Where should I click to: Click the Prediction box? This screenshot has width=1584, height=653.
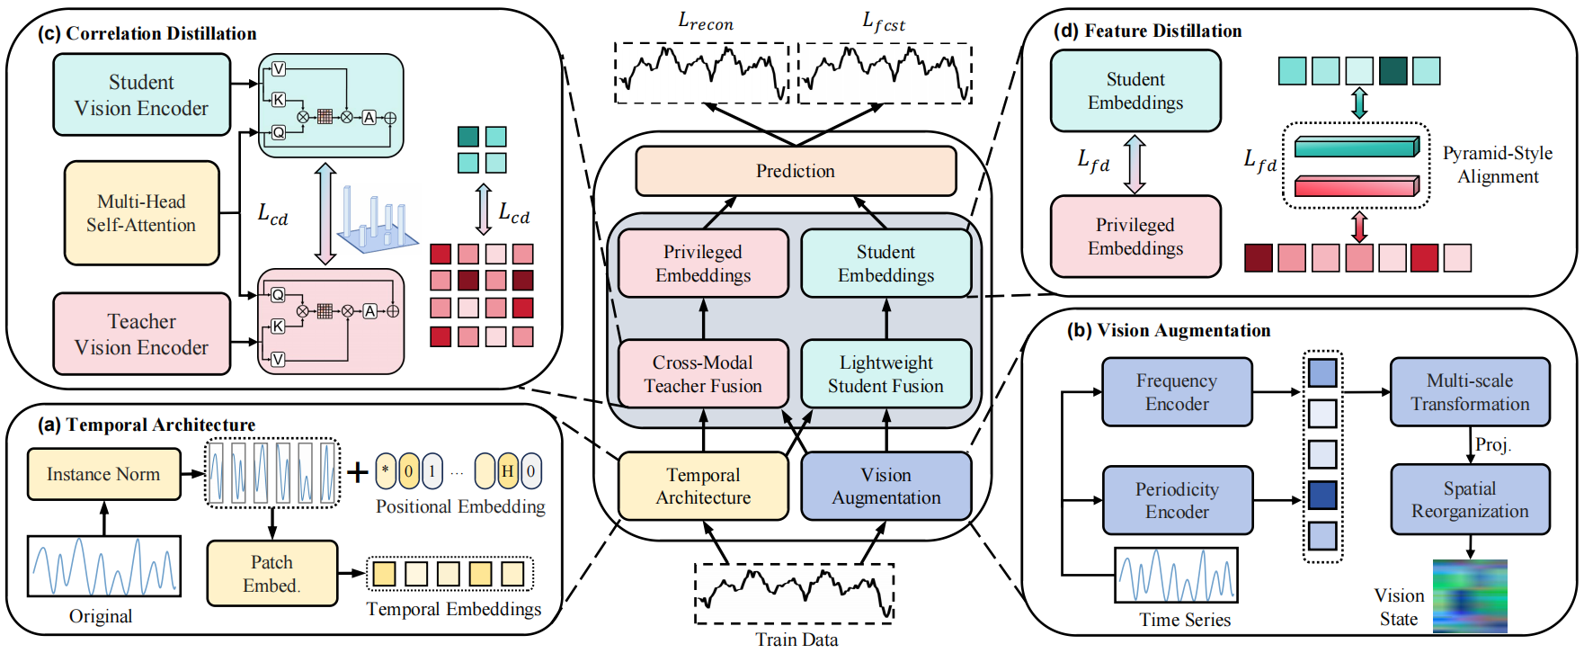(x=795, y=171)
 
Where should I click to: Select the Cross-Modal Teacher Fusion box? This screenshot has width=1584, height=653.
(x=702, y=374)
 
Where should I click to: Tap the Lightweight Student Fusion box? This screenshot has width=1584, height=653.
(x=885, y=374)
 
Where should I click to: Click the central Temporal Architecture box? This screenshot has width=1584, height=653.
(x=702, y=487)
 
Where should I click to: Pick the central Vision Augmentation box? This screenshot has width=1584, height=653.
(x=885, y=487)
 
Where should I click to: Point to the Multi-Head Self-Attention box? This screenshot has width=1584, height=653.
(x=141, y=213)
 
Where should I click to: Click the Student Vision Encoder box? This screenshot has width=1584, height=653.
(x=141, y=95)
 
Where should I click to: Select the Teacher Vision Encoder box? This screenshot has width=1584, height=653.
(x=141, y=334)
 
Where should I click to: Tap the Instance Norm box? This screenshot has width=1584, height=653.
(x=103, y=474)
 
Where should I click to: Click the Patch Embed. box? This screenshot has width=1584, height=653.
(x=271, y=573)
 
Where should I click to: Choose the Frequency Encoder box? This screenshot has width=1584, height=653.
(x=1176, y=392)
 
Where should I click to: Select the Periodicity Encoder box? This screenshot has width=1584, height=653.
(x=1176, y=500)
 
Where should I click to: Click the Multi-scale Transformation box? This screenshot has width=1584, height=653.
(x=1469, y=392)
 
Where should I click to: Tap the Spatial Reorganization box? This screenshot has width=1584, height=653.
(x=1469, y=500)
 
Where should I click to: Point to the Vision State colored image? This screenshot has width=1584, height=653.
(x=1469, y=596)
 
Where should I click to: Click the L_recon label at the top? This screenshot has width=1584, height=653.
(x=705, y=22)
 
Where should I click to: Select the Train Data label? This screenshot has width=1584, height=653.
(x=796, y=640)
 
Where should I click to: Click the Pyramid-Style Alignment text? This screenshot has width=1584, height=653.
(x=1497, y=165)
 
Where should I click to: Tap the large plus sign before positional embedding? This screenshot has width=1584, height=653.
(x=358, y=472)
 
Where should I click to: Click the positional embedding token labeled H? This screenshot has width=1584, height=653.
(x=507, y=471)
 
